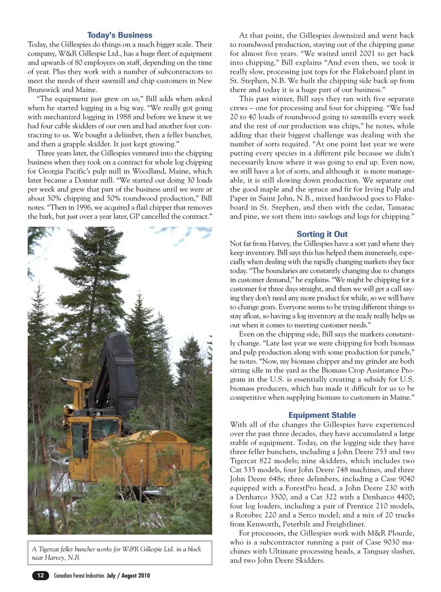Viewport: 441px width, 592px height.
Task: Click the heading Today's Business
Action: (119, 35)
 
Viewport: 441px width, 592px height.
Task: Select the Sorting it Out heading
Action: (322, 234)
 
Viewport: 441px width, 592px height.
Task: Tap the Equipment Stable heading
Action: (322, 415)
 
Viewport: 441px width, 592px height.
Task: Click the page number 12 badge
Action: (40, 575)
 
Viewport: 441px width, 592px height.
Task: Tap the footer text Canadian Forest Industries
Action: (79, 575)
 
